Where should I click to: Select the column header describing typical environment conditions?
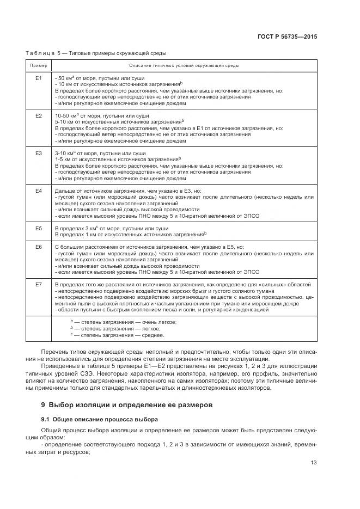coord(184,65)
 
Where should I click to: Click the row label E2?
coord(39,116)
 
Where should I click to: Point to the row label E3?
coord(39,154)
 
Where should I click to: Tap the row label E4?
coord(39,191)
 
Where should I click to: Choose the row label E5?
coord(39,229)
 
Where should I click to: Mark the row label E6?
coord(39,247)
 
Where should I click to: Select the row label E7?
coord(39,285)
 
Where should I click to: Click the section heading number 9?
coord(44,404)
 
